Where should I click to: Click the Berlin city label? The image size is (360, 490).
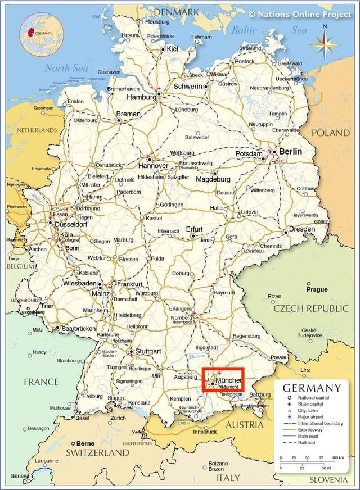click(290, 152)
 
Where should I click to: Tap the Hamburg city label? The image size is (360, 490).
click(141, 97)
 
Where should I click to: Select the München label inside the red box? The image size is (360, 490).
click(228, 381)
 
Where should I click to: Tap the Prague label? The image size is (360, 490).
click(317, 289)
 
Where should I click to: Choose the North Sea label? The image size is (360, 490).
click(66, 69)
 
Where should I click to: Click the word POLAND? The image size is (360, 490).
click(331, 133)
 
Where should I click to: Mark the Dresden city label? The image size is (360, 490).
click(303, 229)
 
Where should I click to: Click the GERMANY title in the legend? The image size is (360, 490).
click(312, 388)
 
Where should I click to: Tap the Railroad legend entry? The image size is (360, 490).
click(307, 443)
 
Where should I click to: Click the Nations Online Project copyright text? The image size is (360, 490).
click(300, 13)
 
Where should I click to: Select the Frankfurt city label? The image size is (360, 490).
click(130, 284)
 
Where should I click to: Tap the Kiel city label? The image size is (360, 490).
click(172, 49)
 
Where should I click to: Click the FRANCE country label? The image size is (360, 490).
click(41, 382)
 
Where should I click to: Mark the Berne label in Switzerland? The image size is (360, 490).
click(85, 443)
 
